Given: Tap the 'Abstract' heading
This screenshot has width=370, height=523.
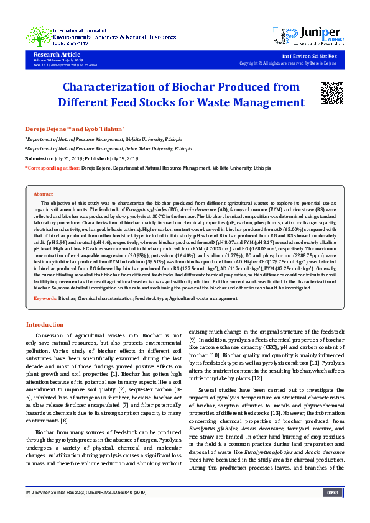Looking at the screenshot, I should pyautogui.click(x=43, y=194).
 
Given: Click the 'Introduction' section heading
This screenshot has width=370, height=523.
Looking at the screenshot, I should pyautogui.click(x=44, y=325).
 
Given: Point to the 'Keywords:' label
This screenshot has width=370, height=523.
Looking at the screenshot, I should pyautogui.click(x=45, y=299).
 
